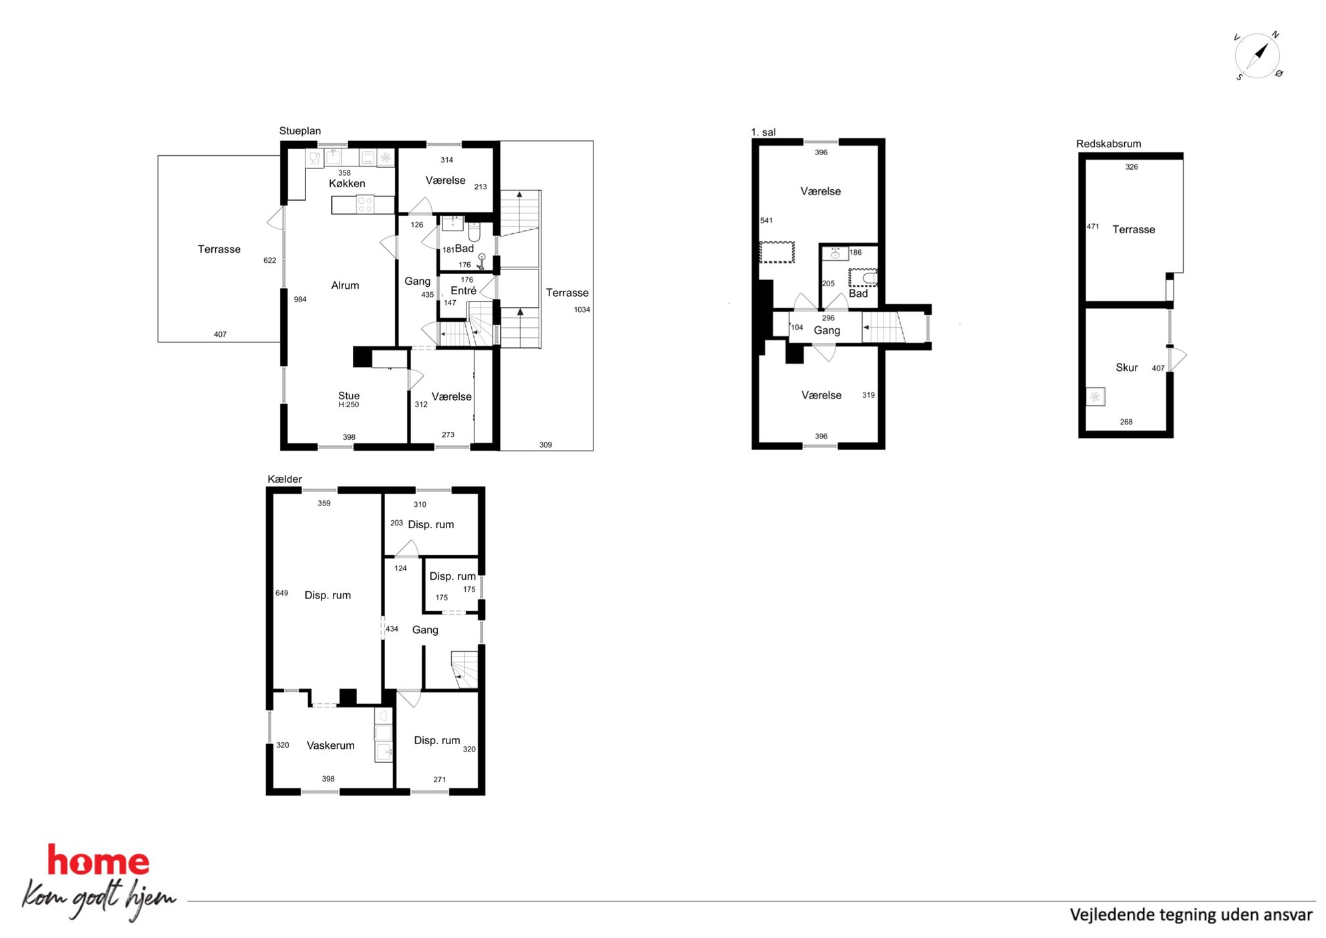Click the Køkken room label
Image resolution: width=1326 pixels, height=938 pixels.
coord(347,183)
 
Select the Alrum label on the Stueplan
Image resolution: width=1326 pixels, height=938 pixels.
coord(345,285)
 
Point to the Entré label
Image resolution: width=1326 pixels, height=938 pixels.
coord(463,291)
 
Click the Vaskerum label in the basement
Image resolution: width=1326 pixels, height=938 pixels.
coord(330,745)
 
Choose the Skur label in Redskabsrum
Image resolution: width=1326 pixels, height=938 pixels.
coord(1126,368)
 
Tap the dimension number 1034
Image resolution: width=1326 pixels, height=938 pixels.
coord(581,310)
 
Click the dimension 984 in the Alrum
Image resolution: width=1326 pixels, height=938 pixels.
coord(300,300)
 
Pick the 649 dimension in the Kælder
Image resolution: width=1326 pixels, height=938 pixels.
coord(281,593)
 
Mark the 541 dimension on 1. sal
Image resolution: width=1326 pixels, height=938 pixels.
coord(766,221)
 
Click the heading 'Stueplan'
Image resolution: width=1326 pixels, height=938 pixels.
coord(299,131)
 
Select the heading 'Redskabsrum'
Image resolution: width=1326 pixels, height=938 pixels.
coord(1108,144)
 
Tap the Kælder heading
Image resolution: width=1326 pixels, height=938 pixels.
coord(284,479)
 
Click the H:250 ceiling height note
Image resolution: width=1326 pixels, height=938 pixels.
coord(348,404)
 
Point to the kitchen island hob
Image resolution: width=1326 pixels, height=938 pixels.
coord(365,204)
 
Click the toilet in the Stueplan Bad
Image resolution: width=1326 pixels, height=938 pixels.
coord(474,231)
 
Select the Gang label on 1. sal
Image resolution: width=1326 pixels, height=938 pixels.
coord(827,331)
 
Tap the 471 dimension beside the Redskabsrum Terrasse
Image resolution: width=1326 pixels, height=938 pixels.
coord(1093,227)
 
